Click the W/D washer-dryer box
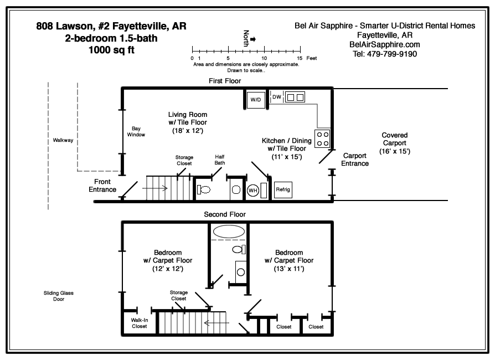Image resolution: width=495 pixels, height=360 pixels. click(256, 100)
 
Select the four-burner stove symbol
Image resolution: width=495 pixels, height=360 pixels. click(322, 138)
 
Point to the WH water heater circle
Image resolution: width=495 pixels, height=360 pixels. click(252, 190)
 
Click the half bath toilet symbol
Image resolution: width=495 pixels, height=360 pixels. click(204, 189)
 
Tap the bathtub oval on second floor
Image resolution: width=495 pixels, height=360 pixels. click(228, 231)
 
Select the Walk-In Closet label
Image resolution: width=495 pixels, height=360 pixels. click(139, 323)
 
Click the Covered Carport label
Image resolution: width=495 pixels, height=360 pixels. click(394, 143)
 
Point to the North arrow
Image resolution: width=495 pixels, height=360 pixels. click(253, 39)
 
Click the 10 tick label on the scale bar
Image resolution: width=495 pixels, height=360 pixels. click(264, 58)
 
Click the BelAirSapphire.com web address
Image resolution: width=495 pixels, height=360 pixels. click(384, 45)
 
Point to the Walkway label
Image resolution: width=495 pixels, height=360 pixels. click(63, 141)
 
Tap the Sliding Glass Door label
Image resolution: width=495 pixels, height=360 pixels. click(55, 296)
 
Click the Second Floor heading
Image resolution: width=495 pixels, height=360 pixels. click(225, 214)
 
